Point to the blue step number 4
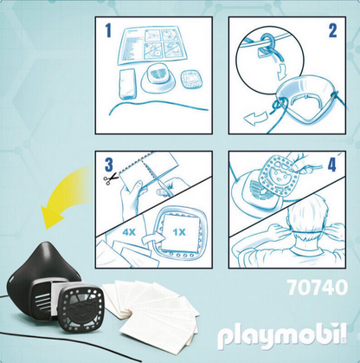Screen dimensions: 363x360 [x=332, y=165]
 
